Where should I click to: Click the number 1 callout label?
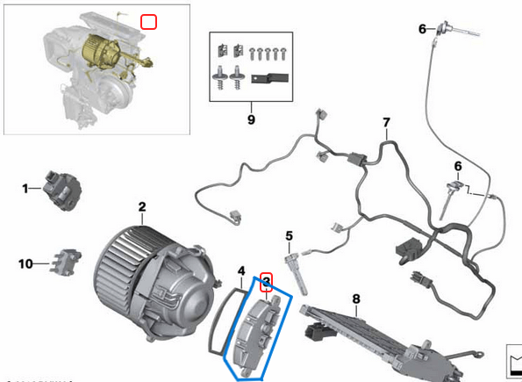[x=25, y=187]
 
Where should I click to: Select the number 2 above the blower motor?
[x=141, y=207]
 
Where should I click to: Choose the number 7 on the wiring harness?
[x=385, y=121]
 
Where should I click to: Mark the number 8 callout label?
[x=356, y=299]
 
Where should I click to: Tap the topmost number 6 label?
[x=422, y=29]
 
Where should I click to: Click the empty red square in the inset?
[x=149, y=20]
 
